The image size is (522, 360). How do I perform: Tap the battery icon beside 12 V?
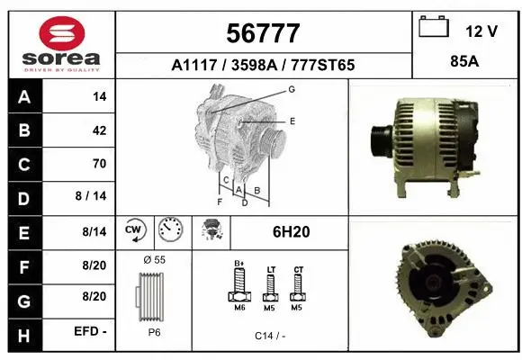tap(435, 28)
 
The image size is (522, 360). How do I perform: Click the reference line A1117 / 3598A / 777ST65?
tap(263, 65)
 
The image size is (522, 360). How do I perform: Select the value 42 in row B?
tap(99, 130)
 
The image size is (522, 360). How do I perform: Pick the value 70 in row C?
tap(99, 164)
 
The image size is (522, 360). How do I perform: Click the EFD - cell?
tap(91, 331)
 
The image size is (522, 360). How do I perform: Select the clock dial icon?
tap(169, 231)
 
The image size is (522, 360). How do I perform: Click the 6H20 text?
tap(291, 232)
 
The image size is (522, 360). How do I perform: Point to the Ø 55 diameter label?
tap(154, 260)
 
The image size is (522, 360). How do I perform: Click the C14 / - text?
tap(269, 335)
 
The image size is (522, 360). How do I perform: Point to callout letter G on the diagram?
tap(292, 90)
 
